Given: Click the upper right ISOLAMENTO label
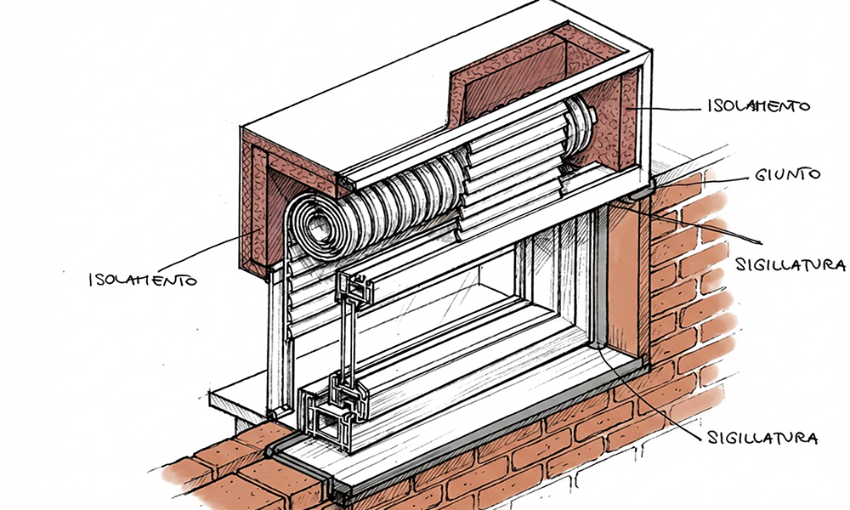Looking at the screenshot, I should click(756, 108).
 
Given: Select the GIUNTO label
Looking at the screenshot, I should click(787, 175).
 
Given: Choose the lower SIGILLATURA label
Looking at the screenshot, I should click(762, 439).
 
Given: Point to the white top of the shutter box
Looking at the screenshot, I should click(408, 76).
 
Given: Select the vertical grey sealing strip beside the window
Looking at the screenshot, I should click(600, 280).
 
